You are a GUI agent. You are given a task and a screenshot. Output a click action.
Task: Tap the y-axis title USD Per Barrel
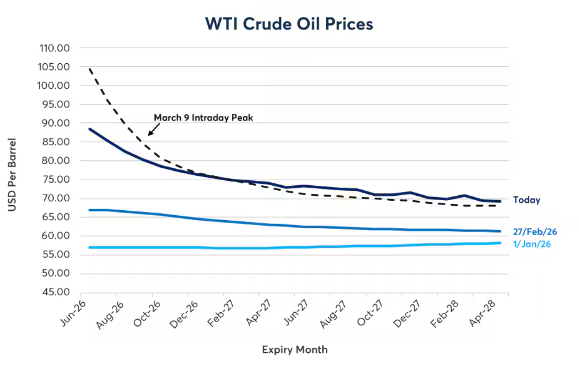click(12, 175)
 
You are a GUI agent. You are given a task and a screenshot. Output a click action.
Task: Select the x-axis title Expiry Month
click(294, 350)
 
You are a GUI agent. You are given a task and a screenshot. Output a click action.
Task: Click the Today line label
click(526, 200)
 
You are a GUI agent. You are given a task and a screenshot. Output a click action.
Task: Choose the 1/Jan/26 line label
click(532, 244)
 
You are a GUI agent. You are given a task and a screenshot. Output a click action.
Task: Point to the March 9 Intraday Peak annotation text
click(203, 118)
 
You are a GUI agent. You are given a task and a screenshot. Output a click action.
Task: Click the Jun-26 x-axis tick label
click(73, 315)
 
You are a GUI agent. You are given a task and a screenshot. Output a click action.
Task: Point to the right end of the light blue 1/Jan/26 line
click(500, 243)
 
